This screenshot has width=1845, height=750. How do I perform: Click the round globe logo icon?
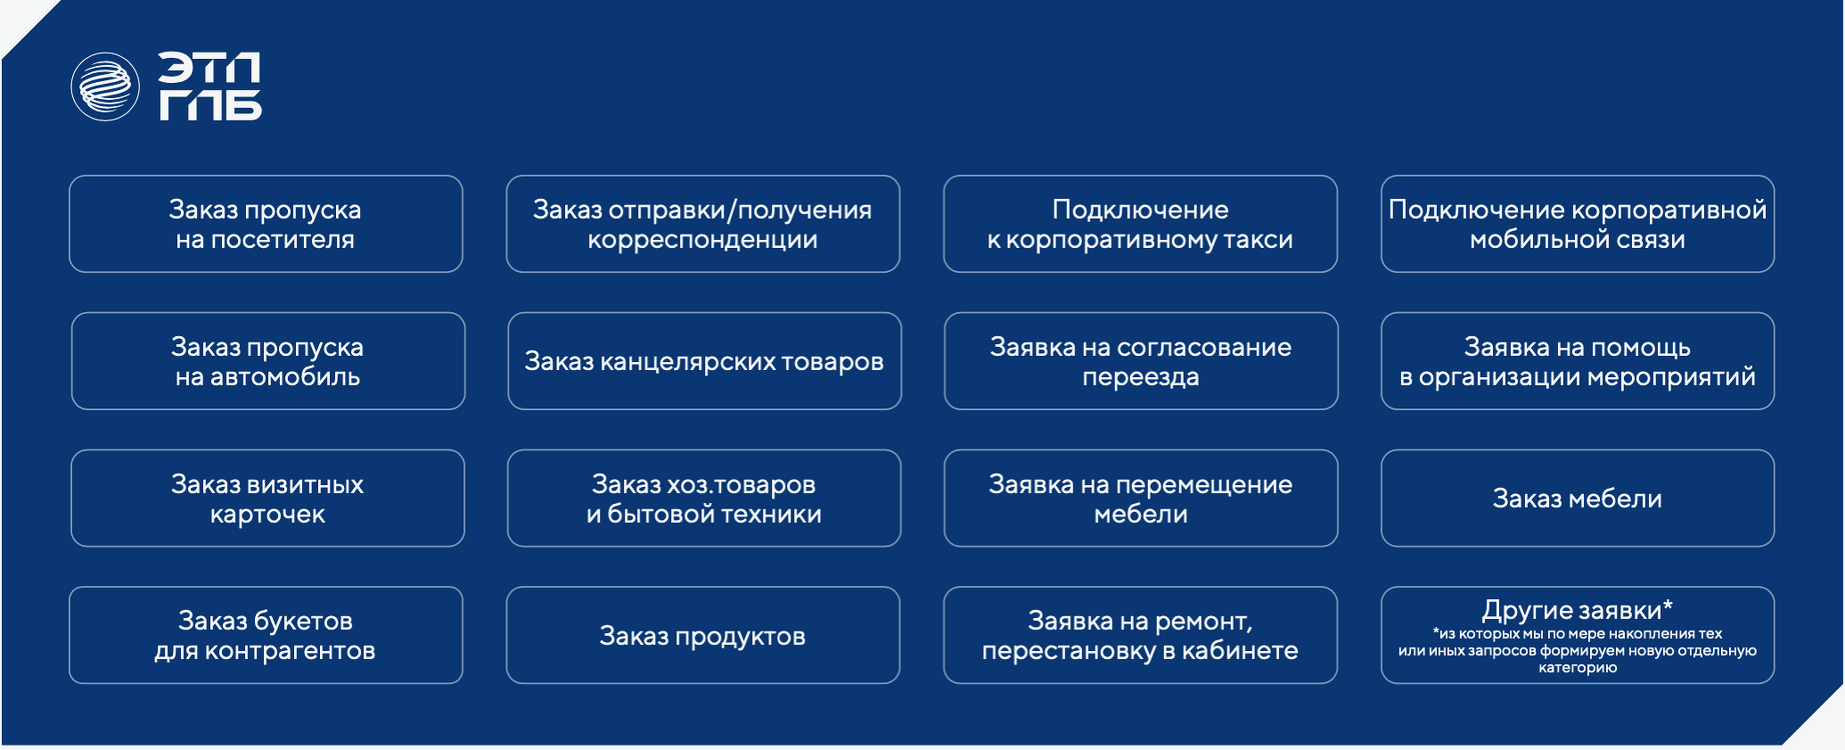coord(105,87)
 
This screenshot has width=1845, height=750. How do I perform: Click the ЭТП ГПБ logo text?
coord(210,87)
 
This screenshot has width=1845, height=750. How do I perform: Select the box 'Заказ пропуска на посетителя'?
coord(266,224)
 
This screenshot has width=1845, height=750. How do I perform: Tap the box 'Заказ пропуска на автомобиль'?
coord(267,361)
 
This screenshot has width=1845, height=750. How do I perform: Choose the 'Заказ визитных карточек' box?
coord(267,499)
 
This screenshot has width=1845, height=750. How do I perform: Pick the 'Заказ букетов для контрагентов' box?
coord(266,635)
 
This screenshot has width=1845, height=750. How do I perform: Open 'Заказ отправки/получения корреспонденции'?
coord(702,224)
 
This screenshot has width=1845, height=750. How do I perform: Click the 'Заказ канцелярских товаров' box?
coord(704,361)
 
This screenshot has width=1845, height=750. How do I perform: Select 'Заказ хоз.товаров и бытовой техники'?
coord(704,499)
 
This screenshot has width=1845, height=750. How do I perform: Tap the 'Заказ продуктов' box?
coord(702,635)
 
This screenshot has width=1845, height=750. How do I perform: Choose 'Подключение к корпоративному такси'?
coord(1140,224)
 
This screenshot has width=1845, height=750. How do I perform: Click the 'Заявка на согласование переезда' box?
coord(1141,361)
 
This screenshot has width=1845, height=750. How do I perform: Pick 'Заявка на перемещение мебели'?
coord(1141,499)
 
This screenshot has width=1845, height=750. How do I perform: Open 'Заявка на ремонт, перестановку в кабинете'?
coord(1140,635)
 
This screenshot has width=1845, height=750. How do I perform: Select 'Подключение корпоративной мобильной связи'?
coord(1578,224)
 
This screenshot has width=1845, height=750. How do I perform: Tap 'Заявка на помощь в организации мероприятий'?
coord(1578,361)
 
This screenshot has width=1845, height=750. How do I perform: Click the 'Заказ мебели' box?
coord(1578,499)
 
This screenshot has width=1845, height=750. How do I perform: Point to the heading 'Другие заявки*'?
coord(1578,610)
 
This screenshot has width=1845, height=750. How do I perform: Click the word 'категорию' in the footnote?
coord(1578,668)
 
